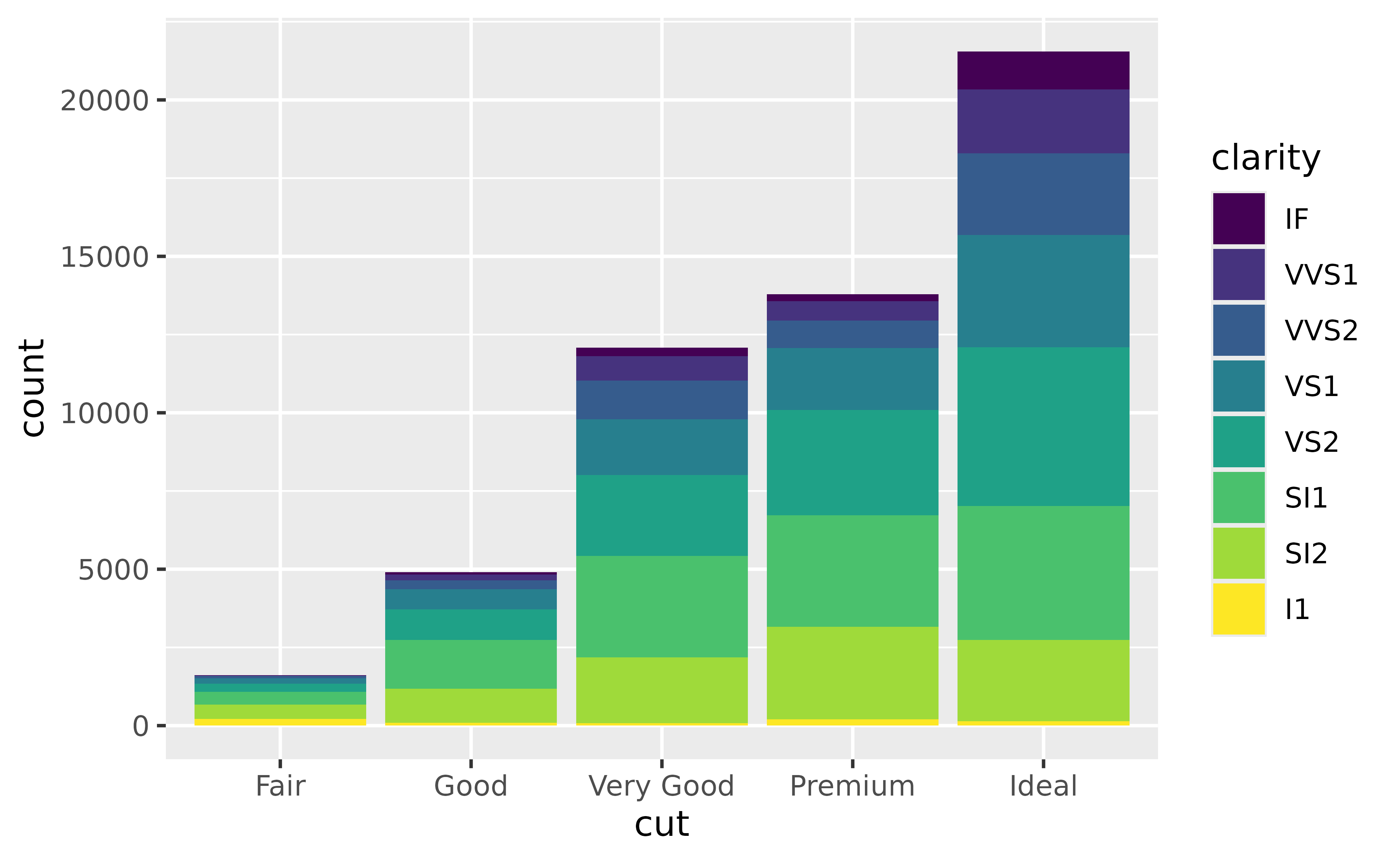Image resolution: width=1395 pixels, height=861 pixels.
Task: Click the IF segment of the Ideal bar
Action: point(1043,70)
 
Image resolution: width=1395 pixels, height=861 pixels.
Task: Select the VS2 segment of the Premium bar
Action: point(852,462)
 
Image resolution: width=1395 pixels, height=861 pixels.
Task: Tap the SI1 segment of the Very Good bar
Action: point(661,607)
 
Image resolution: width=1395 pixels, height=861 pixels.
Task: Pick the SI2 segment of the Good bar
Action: point(471,705)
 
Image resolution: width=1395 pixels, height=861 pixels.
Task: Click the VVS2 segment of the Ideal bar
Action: point(1043,194)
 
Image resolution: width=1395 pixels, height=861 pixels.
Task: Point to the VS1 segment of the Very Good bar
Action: point(661,447)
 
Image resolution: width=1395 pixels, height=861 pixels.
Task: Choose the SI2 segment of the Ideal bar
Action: point(1043,681)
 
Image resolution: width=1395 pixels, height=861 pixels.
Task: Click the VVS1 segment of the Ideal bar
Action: point(1043,121)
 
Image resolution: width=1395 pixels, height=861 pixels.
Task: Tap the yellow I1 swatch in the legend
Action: point(1238,609)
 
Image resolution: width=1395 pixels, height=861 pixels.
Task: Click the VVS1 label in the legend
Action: point(1321,274)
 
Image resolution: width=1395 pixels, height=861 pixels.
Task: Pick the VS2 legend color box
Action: point(1238,442)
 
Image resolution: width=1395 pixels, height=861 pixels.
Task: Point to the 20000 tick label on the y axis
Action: point(104,101)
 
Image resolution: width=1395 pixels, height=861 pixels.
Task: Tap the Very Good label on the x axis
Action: point(661,786)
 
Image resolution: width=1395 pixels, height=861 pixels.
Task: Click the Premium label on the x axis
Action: point(852,786)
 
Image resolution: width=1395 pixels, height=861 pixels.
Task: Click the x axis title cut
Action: point(661,824)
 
